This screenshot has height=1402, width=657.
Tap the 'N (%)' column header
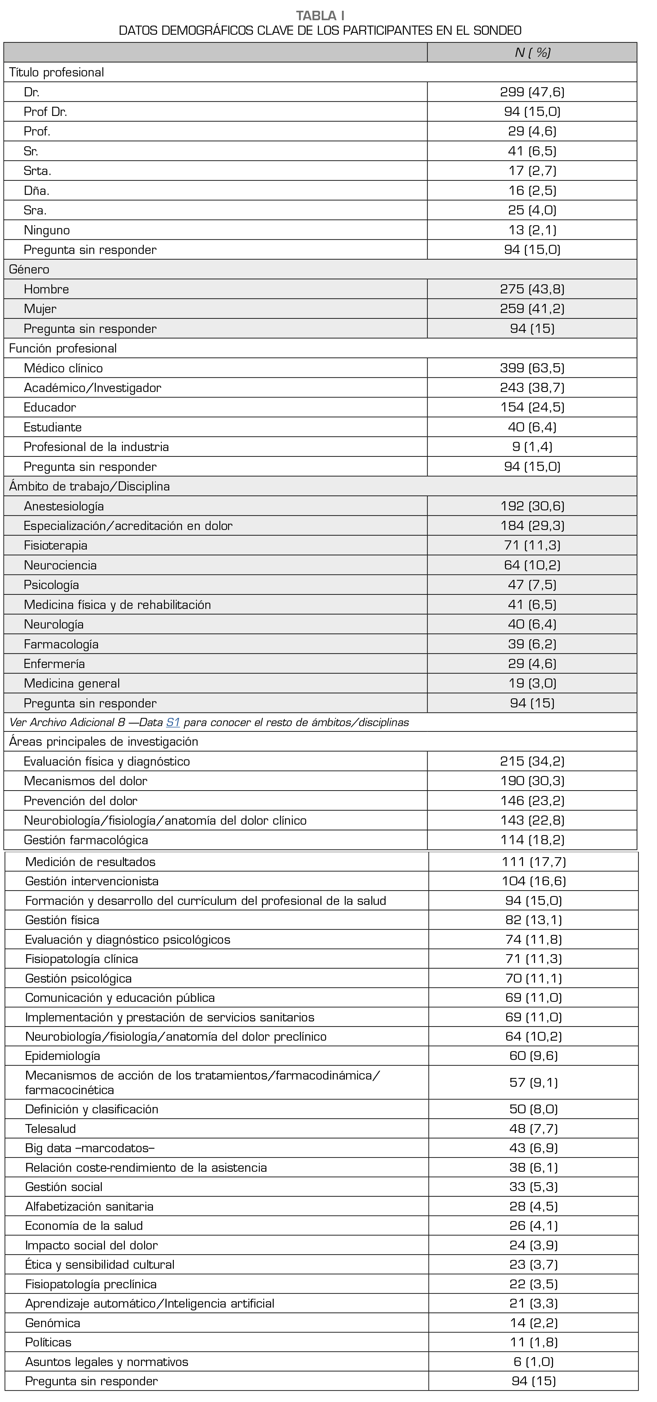(532, 52)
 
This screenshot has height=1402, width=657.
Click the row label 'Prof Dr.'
(45, 111)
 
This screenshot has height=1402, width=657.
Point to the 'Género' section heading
(29, 269)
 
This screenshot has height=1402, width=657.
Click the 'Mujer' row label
(40, 309)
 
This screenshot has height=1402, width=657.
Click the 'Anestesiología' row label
(64, 506)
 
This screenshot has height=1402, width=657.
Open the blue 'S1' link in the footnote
(173, 722)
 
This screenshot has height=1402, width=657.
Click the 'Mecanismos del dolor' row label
(86, 781)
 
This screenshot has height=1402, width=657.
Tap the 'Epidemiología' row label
(63, 1056)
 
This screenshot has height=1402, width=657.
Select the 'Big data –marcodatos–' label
(90, 1148)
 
